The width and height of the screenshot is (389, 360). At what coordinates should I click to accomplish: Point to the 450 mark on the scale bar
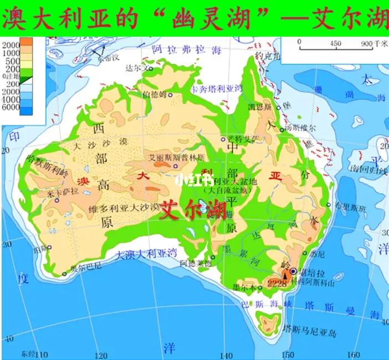[335, 43]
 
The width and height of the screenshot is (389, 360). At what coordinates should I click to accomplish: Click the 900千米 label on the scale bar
[373, 43]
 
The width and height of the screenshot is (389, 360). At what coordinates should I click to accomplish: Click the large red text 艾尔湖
[192, 210]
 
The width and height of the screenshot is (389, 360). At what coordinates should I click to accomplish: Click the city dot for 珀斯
[49, 248]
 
